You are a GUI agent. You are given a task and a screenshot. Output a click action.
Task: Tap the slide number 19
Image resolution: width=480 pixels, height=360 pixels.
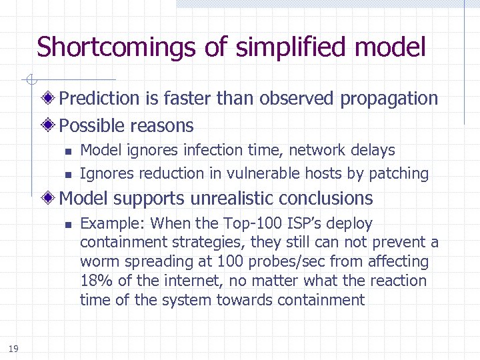14,349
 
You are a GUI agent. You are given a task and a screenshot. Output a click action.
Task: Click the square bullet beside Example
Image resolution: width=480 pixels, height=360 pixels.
68,225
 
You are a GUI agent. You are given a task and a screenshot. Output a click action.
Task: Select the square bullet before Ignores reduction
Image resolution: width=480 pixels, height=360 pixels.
68,175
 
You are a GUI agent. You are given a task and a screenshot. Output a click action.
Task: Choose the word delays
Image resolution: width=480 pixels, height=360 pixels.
373,151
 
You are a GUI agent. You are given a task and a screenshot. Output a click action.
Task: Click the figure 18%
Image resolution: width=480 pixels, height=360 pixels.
93,281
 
